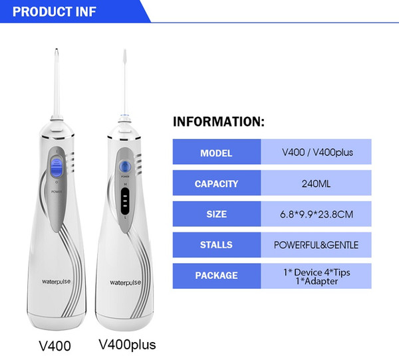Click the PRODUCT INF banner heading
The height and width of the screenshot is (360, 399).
55,12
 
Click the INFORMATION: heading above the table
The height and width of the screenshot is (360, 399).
219,122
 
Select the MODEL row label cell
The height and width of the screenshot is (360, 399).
217,152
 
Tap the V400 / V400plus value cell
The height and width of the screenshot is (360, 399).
316,152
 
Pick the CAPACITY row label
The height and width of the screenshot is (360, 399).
216,184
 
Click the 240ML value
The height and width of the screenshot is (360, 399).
316,184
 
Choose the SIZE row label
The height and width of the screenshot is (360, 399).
217,214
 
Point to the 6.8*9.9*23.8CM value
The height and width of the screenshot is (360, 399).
317,215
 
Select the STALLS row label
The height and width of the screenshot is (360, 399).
216,245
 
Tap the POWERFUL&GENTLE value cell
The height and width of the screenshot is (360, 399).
316,245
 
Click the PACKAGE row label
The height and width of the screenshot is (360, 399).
217,276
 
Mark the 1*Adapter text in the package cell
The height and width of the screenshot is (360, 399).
317,281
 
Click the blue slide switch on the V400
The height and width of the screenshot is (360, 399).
57,167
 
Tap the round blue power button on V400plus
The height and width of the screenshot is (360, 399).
125,167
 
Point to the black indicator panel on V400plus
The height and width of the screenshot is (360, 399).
125,201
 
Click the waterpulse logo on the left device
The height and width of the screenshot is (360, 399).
57,282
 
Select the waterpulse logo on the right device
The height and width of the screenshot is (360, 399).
125,283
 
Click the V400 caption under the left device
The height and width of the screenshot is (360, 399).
55,346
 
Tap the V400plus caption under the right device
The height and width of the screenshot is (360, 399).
127,345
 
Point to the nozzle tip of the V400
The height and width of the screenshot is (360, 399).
57,50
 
